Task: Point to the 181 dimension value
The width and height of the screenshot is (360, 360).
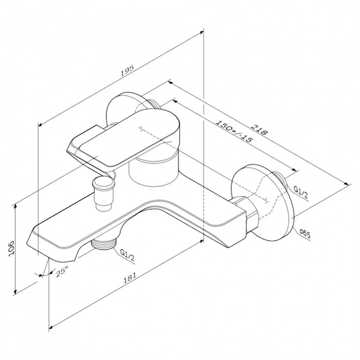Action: tap(130, 277)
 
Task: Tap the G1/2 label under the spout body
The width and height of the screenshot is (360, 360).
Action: tap(127, 255)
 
